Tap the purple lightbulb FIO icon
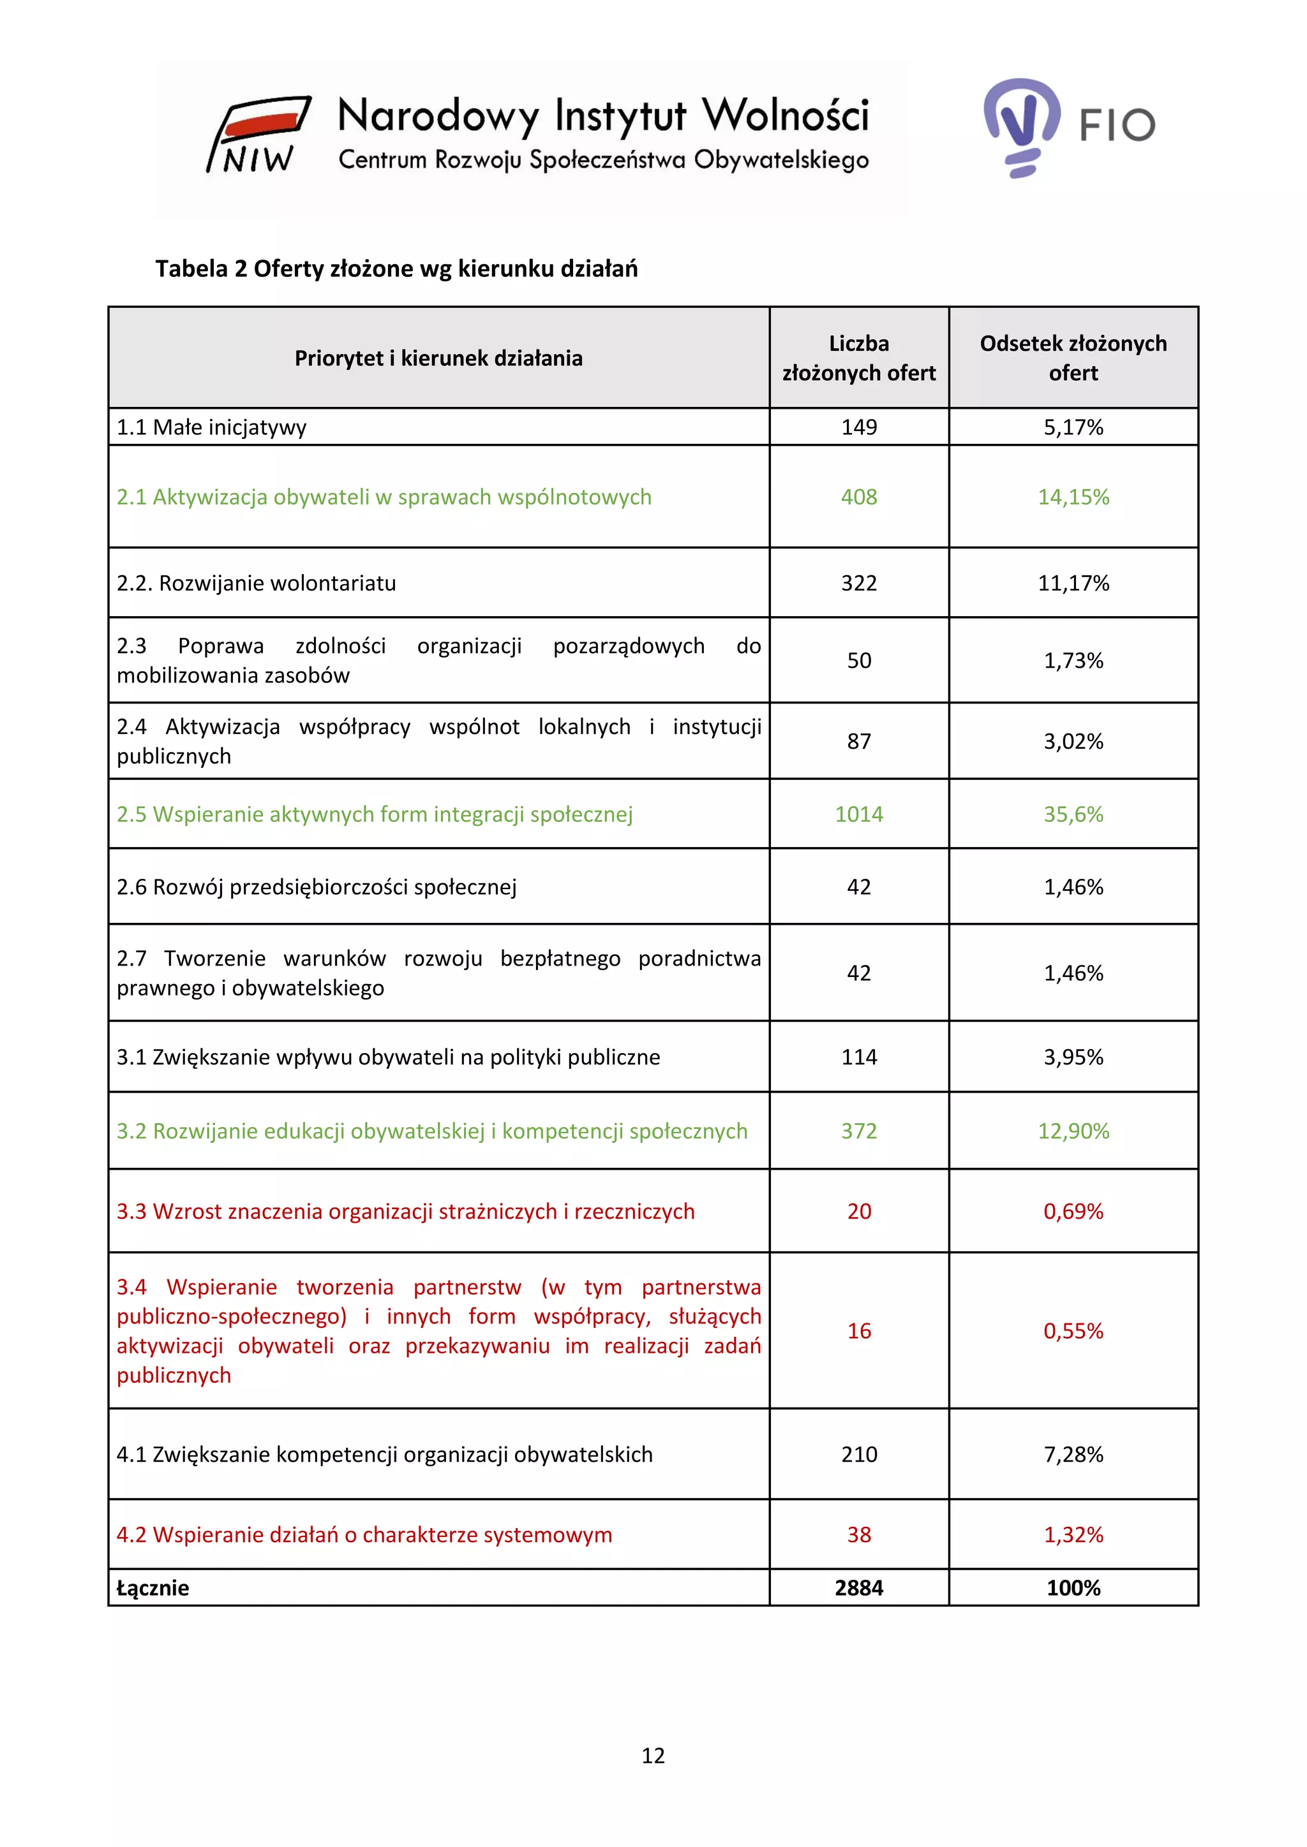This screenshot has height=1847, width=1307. (1021, 126)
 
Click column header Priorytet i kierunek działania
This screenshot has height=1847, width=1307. (438, 358)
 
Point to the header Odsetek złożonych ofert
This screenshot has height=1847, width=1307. (1073, 358)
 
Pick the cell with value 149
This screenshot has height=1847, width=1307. (859, 427)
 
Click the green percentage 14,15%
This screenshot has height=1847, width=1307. (1073, 497)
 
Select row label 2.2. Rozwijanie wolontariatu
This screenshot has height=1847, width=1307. (257, 583)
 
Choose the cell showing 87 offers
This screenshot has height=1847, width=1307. (859, 741)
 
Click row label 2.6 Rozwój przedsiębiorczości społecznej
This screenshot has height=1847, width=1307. (317, 887)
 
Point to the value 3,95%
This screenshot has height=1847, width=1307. (1073, 1057)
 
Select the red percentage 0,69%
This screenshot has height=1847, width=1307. (1073, 1212)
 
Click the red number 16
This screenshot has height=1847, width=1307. (859, 1330)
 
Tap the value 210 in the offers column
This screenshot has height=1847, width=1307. (859, 1454)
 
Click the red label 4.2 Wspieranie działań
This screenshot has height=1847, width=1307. (364, 1535)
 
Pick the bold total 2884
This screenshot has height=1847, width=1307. (859, 1588)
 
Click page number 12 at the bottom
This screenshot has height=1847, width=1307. (653, 1755)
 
